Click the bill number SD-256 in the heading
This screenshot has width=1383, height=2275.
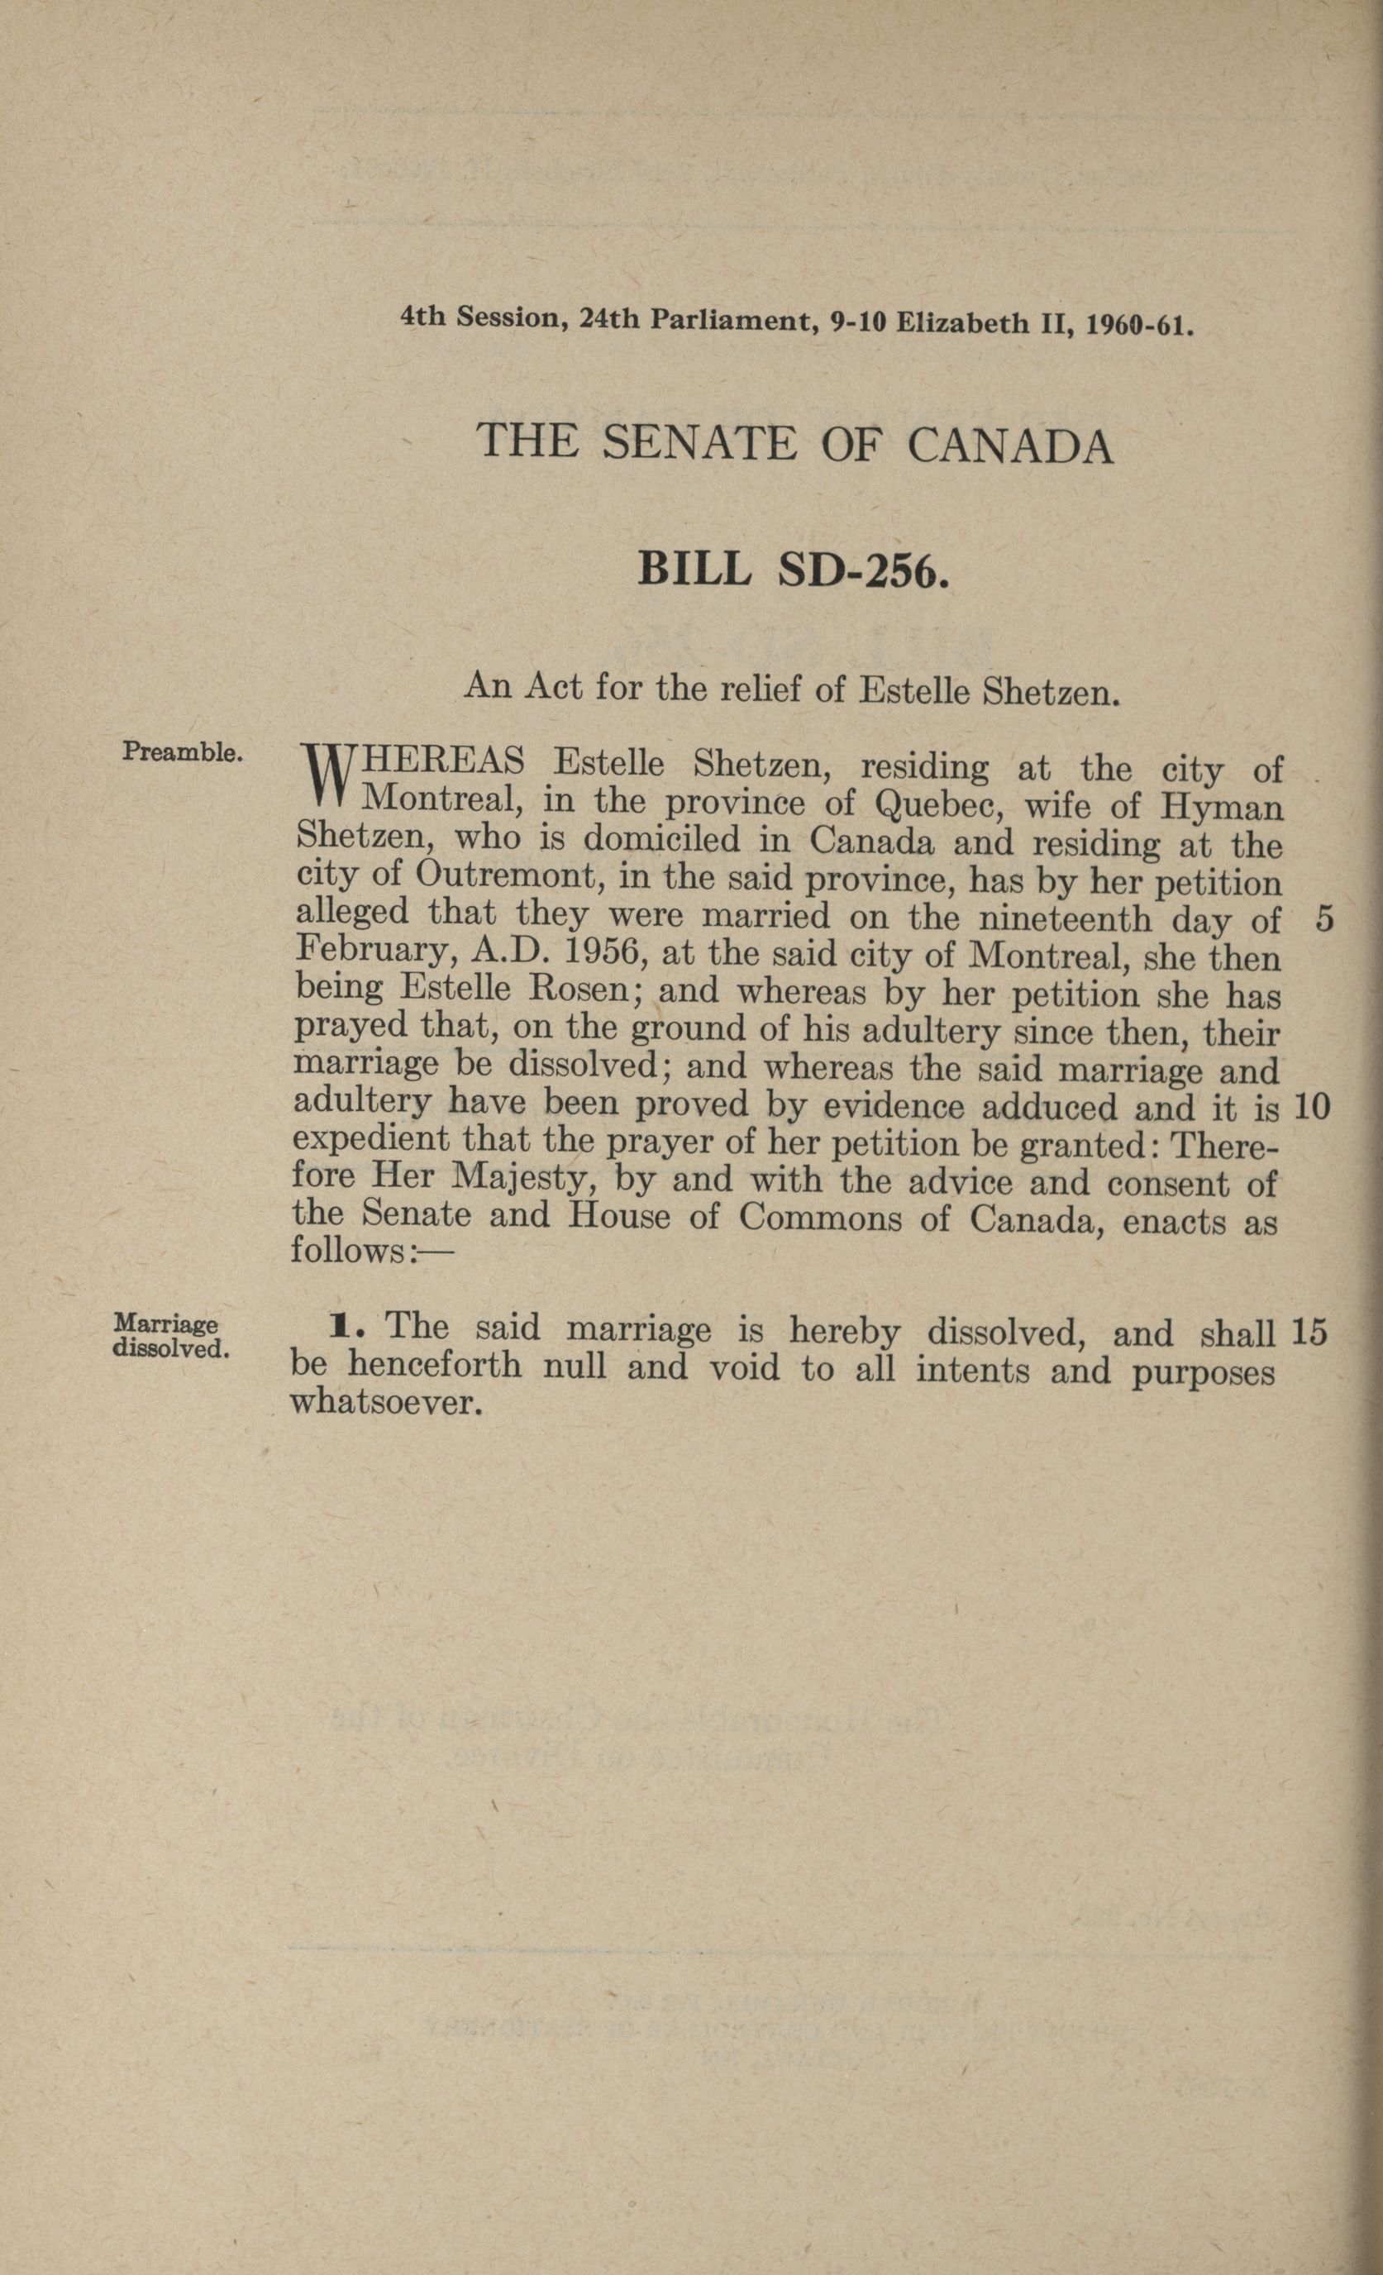coord(863,570)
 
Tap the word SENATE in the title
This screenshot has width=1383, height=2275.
coord(698,443)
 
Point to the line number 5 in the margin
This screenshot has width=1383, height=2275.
coord(1324,921)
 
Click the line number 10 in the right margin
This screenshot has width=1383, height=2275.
coord(1312,1107)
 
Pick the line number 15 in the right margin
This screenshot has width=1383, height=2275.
coord(1310,1332)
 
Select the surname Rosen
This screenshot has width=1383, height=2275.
coord(577,990)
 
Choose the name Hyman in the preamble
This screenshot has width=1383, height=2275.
coord(1222,808)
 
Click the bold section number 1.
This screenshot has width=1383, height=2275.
coord(340,1328)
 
